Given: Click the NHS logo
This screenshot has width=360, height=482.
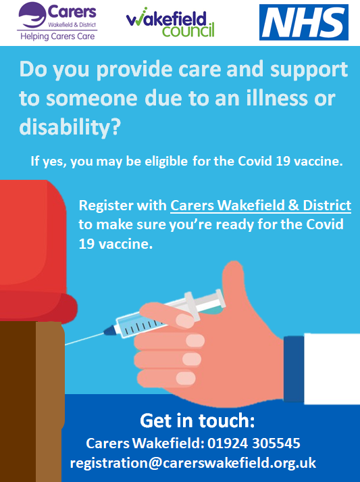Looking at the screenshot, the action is coord(304,22).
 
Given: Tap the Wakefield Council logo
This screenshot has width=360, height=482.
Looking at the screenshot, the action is coord(170,22).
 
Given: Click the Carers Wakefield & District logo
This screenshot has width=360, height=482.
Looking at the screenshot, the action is coord(57,21).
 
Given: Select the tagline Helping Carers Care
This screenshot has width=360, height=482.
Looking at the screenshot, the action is coord(57,37).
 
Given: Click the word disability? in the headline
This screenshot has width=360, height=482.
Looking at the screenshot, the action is coord(70,127).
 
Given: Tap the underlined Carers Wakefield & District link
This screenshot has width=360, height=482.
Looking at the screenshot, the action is coord(261,206).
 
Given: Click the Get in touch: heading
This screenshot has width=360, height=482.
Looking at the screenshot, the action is coord(197,420).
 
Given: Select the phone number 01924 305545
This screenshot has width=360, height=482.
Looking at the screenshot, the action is coord(254,443).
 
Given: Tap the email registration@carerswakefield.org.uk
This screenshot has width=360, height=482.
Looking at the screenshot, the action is coord(193,463).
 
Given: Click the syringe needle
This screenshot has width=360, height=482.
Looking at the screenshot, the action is coord(84,339).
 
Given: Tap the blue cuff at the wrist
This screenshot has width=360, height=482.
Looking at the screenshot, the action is coord(294,369).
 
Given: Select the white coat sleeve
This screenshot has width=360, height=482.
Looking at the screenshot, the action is coord(332,368).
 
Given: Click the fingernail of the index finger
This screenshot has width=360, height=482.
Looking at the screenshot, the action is coord(186,320).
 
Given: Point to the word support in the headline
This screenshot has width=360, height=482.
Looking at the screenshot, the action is coord(309,70).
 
